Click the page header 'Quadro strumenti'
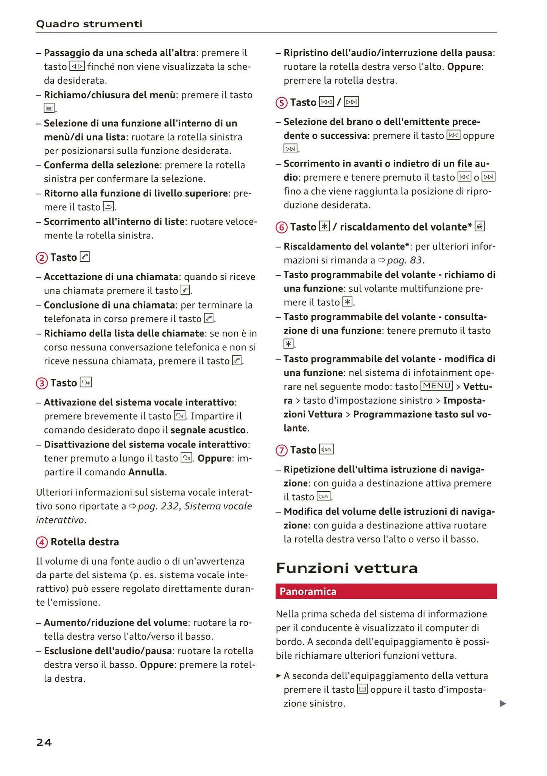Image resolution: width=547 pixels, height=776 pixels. (89, 24)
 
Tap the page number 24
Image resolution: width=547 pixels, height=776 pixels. (44, 742)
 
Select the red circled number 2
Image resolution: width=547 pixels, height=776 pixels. (41, 258)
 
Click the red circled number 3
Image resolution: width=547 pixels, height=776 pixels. (41, 383)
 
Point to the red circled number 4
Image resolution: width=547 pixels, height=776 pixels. (42, 542)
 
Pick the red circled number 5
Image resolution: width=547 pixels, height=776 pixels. (281, 103)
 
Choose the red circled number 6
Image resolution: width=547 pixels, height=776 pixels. (281, 228)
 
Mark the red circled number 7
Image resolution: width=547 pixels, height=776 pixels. (281, 450)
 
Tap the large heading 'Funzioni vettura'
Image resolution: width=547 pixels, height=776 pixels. (347, 568)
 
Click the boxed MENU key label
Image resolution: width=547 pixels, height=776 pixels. (436, 386)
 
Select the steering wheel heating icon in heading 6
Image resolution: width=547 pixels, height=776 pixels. (480, 226)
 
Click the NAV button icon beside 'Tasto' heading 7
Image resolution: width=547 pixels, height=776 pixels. (326, 450)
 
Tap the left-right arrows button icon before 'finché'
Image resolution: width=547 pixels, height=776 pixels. (77, 67)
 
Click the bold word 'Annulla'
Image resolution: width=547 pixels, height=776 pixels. (146, 472)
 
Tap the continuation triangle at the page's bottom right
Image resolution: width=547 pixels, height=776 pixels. (503, 704)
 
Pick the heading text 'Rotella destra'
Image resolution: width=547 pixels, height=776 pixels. (85, 542)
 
